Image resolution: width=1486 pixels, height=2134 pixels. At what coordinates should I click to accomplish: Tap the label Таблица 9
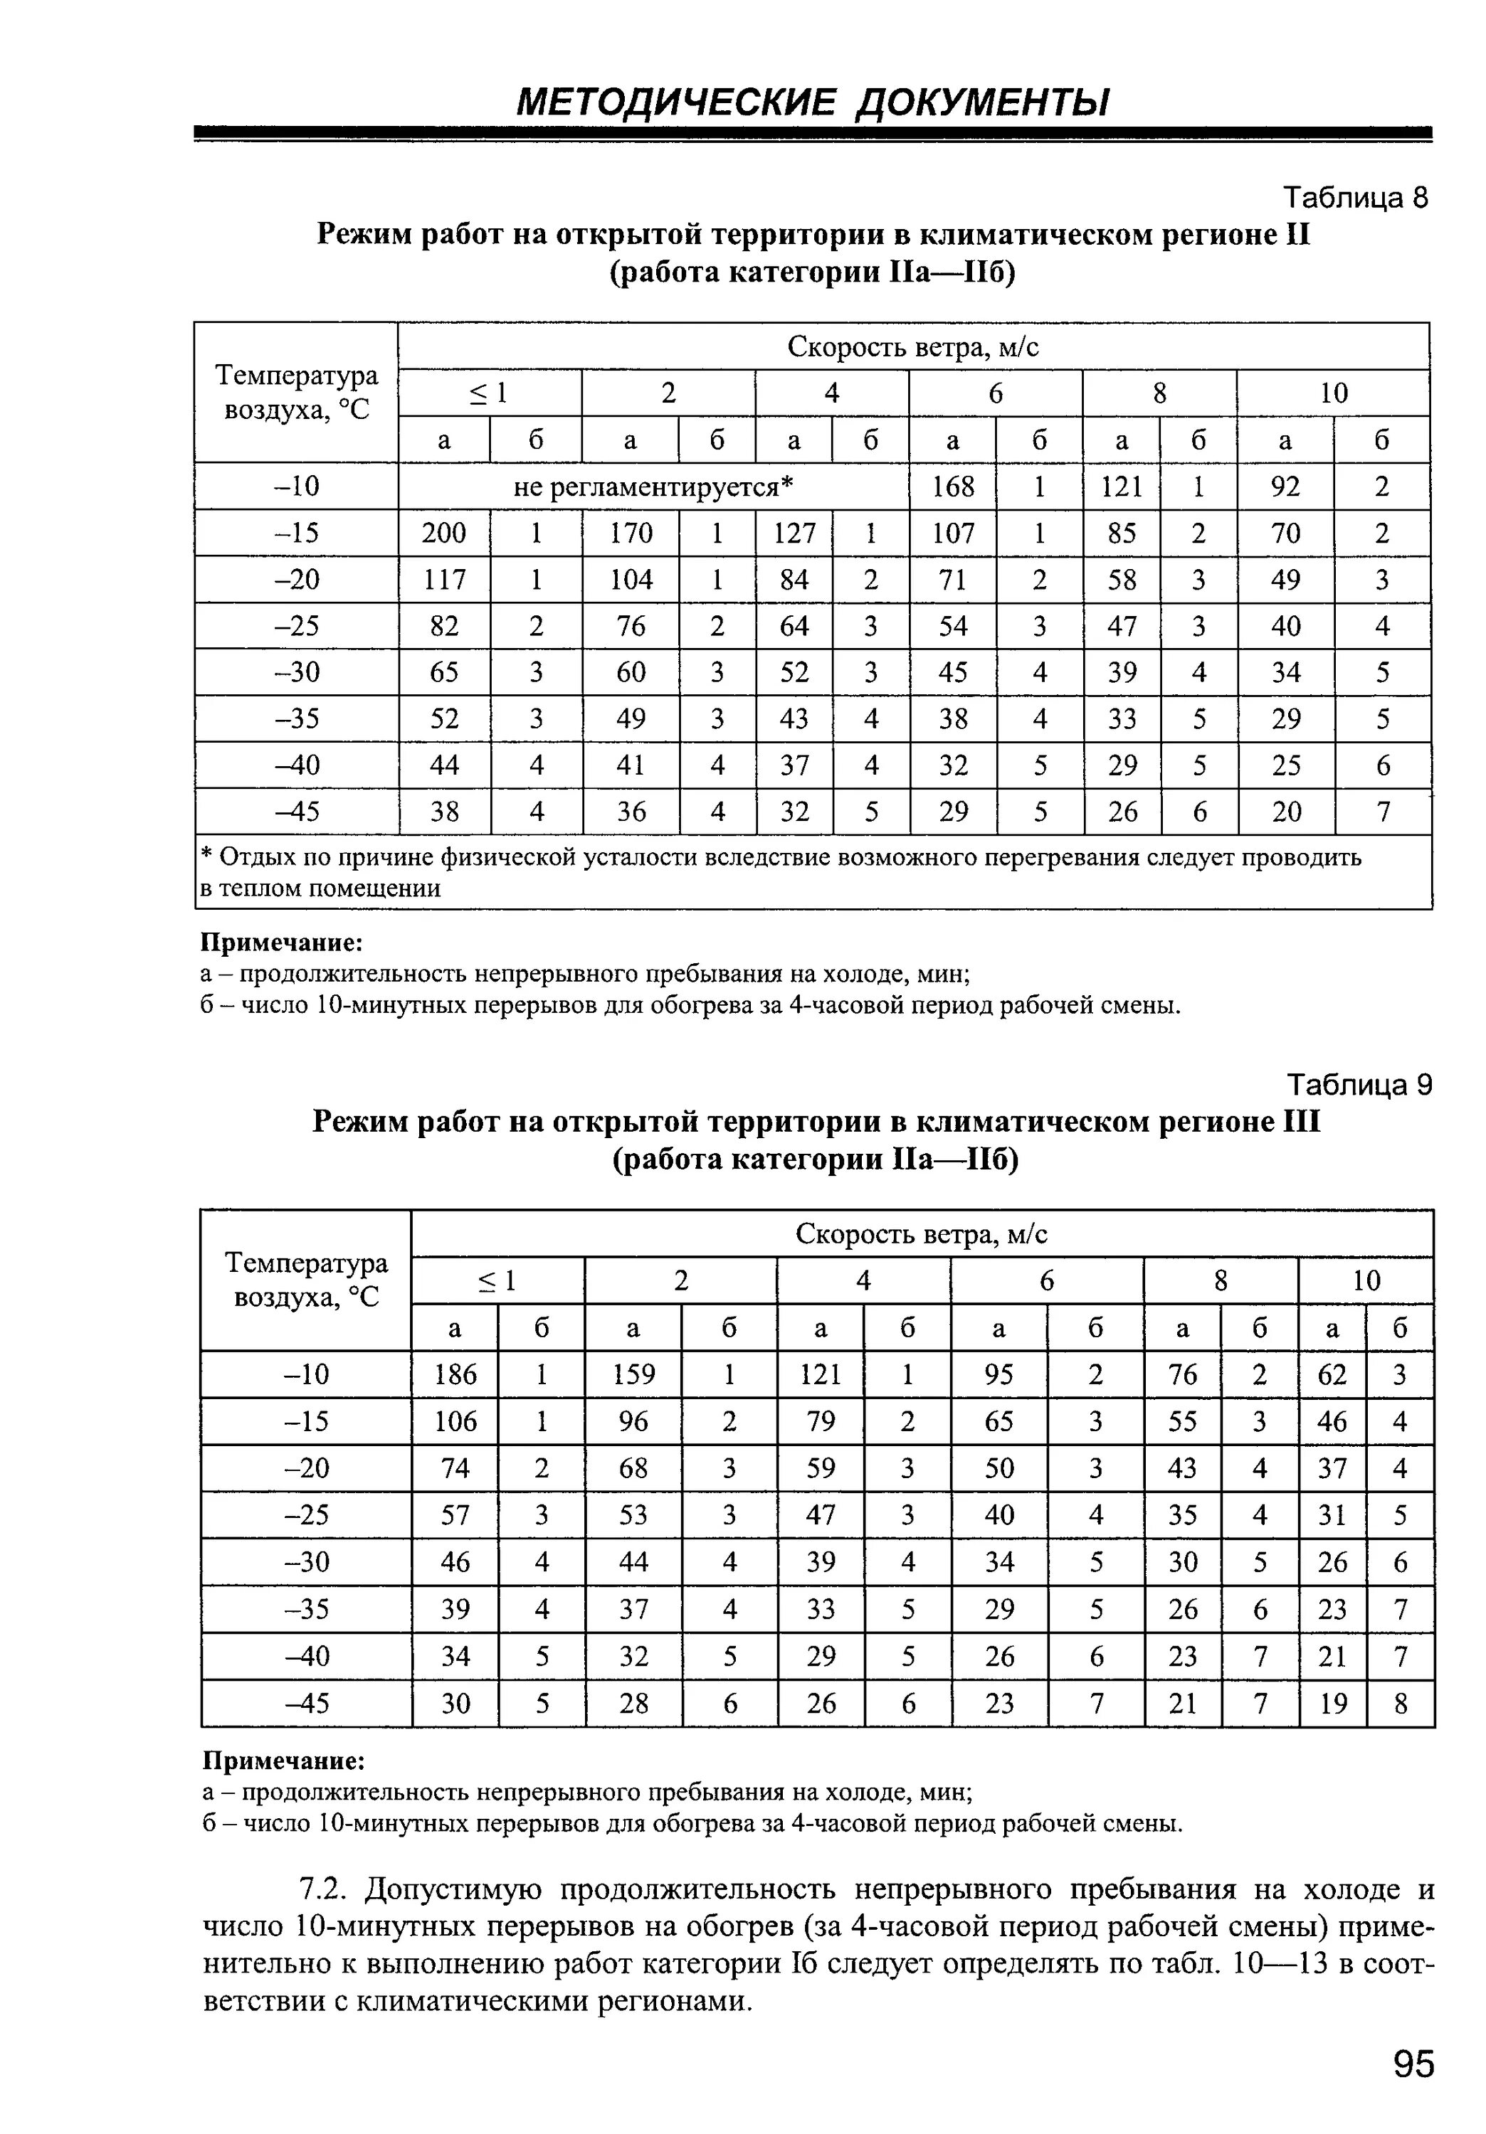pyautogui.click(x=1359, y=1085)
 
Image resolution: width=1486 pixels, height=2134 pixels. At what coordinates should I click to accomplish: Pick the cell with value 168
pyautogui.click(x=953, y=486)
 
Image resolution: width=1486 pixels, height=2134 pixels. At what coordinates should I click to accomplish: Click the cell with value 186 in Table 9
pyautogui.click(x=455, y=1374)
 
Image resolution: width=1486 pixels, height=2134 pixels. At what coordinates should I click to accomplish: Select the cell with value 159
pyautogui.click(x=633, y=1374)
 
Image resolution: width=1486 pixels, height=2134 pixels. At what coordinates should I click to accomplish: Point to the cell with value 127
pyautogui.click(x=794, y=533)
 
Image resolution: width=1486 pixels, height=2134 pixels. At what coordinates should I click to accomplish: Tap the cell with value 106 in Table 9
pyautogui.click(x=455, y=1421)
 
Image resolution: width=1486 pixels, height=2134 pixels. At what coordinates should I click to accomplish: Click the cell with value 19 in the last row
pyautogui.click(x=1332, y=1703)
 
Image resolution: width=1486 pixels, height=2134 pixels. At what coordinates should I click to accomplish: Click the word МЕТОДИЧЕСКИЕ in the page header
pyautogui.click(x=676, y=102)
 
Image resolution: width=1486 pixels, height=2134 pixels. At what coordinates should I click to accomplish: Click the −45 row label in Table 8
pyautogui.click(x=297, y=812)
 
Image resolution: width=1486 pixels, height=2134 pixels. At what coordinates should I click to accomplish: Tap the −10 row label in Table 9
pyautogui.click(x=306, y=1374)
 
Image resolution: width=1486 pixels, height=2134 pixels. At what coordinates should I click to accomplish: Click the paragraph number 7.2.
pyautogui.click(x=324, y=1889)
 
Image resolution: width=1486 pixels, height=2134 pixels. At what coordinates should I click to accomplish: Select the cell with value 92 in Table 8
pyautogui.click(x=1285, y=486)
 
